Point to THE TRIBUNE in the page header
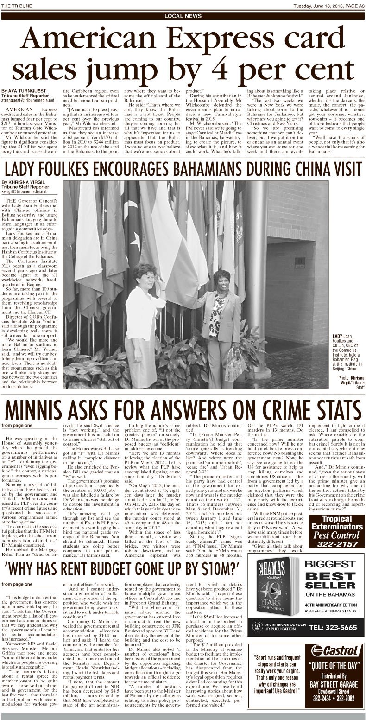(15, 5)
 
